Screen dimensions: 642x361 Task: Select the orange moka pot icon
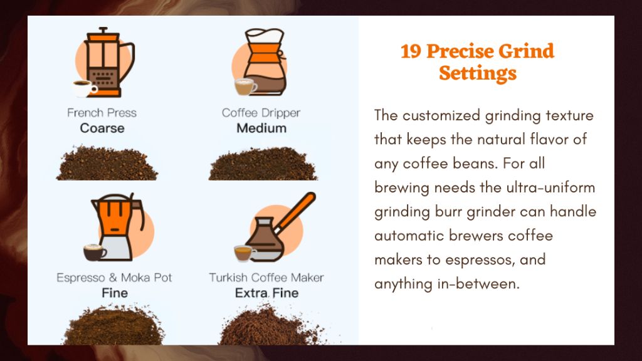tap(117, 226)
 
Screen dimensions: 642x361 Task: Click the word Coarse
tap(102, 128)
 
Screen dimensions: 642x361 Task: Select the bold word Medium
tap(261, 128)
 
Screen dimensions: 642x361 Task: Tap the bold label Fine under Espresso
tap(115, 293)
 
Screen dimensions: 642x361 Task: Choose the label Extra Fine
tap(266, 293)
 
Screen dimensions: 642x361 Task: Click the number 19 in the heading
tap(411, 51)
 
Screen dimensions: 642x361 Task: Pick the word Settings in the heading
tap(477, 73)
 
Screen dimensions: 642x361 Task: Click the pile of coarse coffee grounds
tap(107, 163)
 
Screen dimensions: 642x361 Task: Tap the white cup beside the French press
tap(85, 88)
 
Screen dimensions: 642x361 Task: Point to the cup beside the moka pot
tap(95, 253)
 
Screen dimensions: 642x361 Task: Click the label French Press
tap(102, 113)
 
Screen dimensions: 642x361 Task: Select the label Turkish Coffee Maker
tap(266, 278)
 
